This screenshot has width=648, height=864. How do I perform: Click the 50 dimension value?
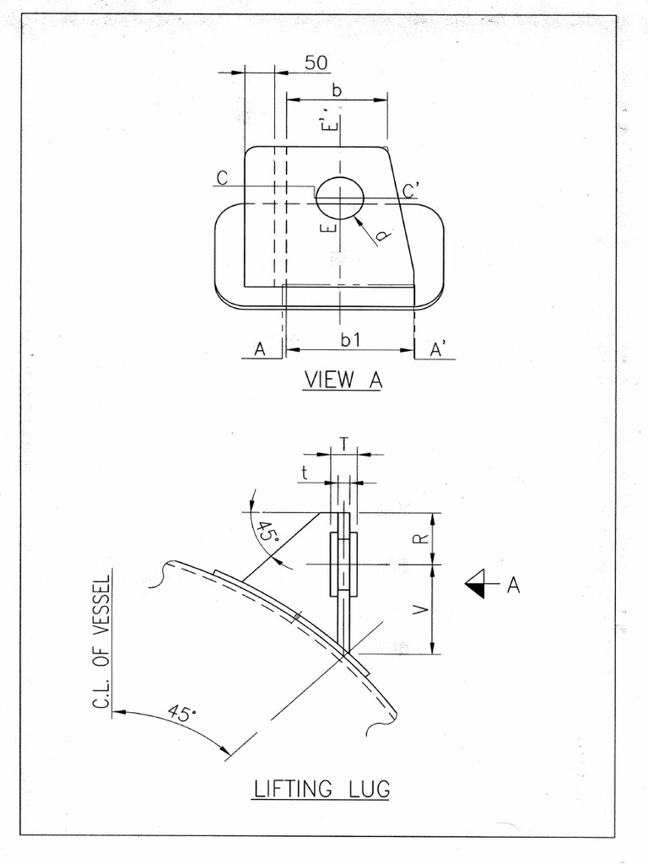pos(316,62)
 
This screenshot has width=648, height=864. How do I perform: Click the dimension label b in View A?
pos(337,91)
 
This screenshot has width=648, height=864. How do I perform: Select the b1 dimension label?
pos(350,340)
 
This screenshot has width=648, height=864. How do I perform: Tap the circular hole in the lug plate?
pos(339,195)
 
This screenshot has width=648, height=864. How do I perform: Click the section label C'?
pos(411,191)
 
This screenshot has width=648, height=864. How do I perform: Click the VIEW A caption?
pos(342,380)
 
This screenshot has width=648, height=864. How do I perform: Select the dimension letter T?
pos(343,443)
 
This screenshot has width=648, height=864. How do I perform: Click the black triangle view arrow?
pos(476,582)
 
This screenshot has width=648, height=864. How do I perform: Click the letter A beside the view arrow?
pos(512,584)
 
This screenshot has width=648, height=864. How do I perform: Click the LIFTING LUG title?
pos(321,789)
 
